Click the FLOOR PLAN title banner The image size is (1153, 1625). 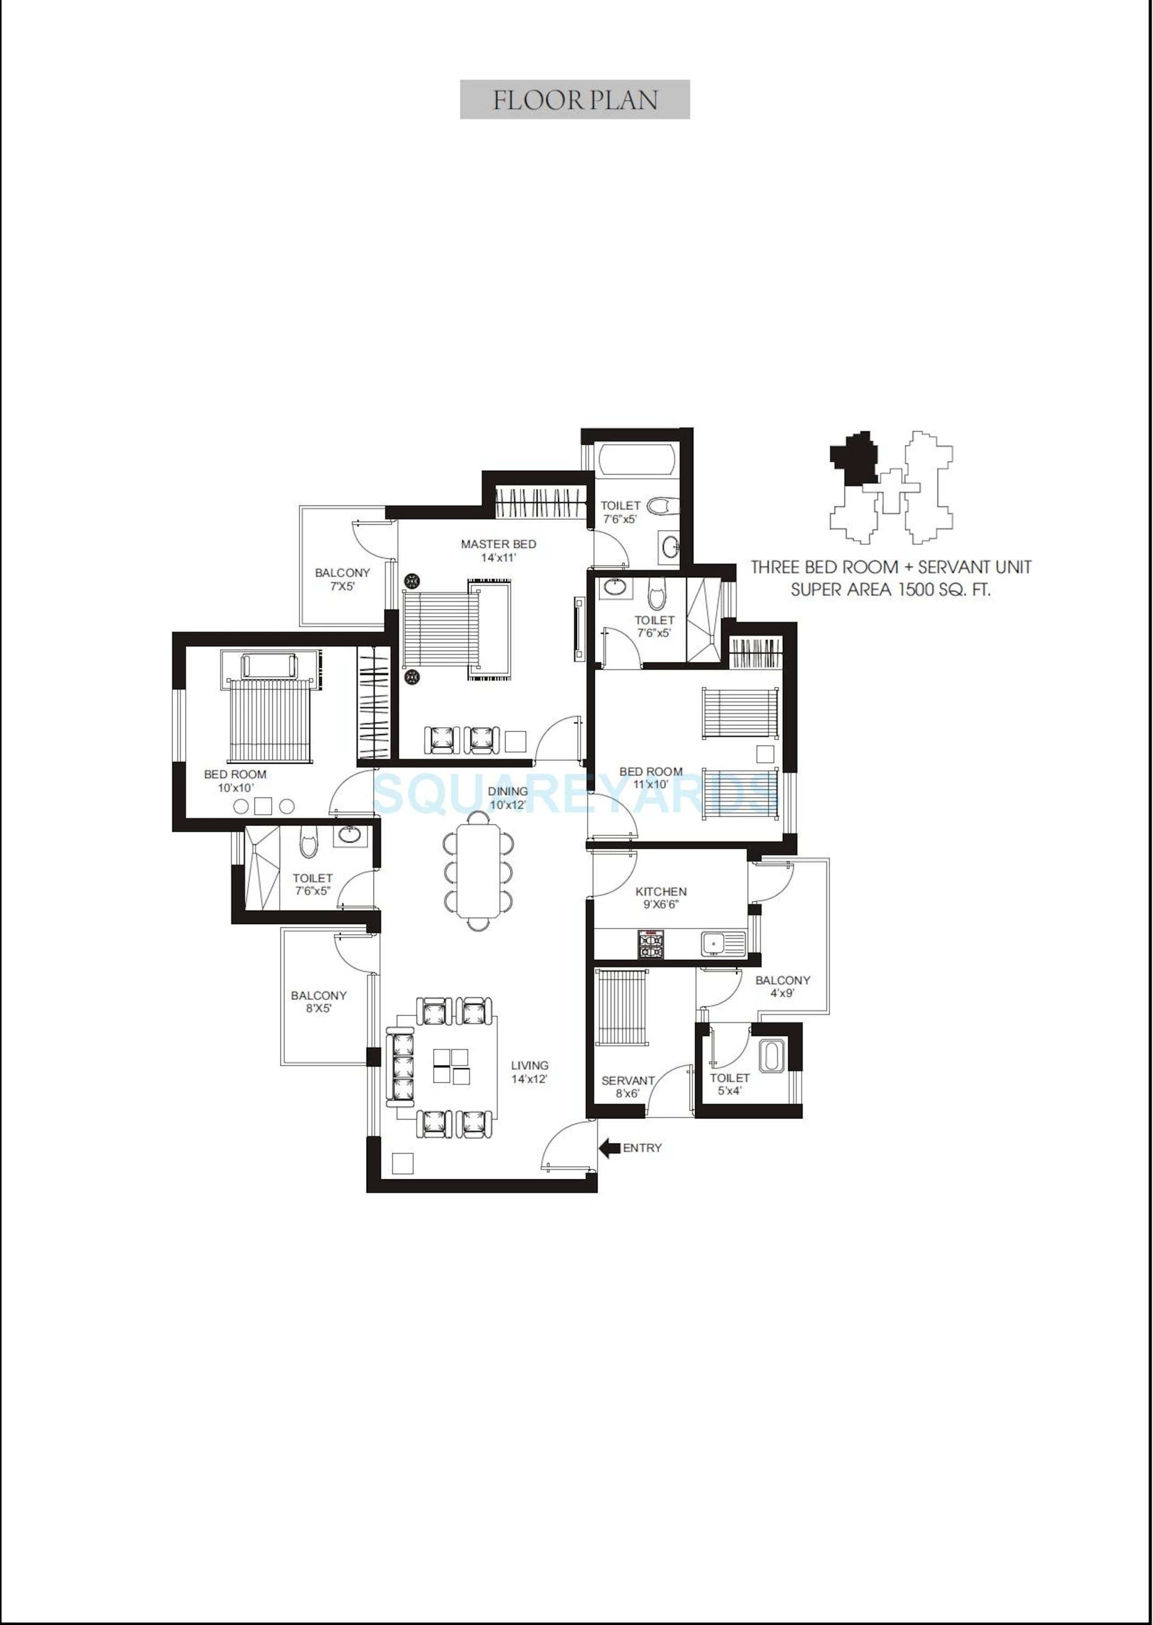[574, 100]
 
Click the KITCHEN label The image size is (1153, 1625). [660, 892]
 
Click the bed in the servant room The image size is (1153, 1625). [622, 1007]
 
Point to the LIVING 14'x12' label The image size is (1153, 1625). [529, 1072]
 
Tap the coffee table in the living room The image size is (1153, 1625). [451, 1066]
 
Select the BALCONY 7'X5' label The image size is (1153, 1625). [342, 580]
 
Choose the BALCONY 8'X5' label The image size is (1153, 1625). [319, 1002]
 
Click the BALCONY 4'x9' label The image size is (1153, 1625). [782, 986]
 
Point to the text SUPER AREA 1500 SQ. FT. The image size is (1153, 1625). [890, 589]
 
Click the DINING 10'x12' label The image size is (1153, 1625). [508, 797]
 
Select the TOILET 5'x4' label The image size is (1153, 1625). [729, 1084]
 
